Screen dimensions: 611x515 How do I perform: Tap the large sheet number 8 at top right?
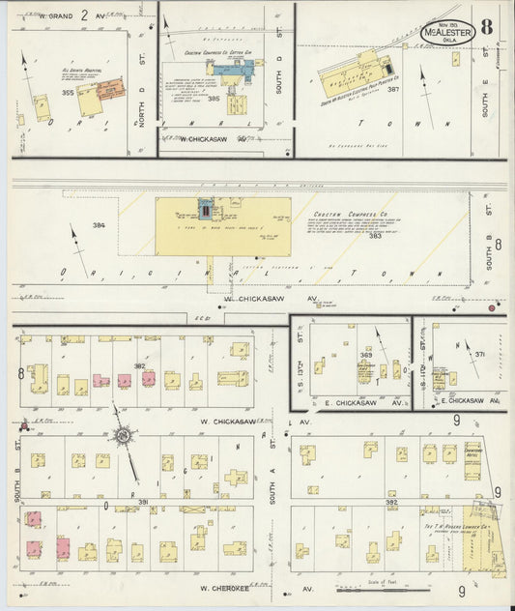coord(487,26)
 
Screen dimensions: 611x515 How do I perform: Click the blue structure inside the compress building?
coord(204,210)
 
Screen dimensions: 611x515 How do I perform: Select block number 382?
coord(139,366)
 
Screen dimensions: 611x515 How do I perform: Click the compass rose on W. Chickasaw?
coord(124,439)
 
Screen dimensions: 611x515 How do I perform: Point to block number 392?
coord(391,502)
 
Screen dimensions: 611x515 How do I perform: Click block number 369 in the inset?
coord(366,356)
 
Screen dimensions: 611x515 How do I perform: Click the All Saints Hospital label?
coord(72,73)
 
